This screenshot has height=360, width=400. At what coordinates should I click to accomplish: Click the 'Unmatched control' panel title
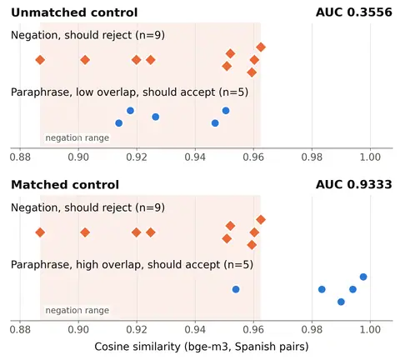[74, 12]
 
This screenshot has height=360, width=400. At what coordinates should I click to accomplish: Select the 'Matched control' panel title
[65, 185]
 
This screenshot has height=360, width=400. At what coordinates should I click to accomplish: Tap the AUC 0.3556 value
[354, 12]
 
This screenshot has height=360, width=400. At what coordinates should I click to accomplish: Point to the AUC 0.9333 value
[354, 185]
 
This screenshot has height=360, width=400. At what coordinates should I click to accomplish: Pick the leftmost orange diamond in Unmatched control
[40, 60]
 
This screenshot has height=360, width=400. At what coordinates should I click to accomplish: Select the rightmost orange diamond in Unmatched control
[261, 47]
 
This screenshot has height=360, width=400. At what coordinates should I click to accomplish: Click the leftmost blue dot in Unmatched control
[118, 123]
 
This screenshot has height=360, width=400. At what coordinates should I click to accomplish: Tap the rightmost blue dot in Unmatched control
[226, 111]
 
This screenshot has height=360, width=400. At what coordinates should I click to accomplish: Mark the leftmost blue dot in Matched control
[236, 289]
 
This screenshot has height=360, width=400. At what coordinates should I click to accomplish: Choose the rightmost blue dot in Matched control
[363, 277]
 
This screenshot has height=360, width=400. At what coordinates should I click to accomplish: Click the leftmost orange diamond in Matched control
[40, 232]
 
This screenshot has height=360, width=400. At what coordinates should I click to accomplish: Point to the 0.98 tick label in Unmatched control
[312, 157]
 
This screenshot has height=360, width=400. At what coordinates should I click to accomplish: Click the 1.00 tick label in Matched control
[370, 330]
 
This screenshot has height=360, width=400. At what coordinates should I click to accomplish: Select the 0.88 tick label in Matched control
[20, 330]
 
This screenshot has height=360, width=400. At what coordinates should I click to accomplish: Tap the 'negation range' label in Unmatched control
[77, 137]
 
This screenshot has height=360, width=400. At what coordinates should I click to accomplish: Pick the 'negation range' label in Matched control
[77, 310]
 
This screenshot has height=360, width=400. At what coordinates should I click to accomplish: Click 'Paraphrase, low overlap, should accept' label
[113, 92]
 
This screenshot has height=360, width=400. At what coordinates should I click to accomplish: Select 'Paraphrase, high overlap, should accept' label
[116, 265]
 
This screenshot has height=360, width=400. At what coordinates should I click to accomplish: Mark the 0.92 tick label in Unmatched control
[137, 157]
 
